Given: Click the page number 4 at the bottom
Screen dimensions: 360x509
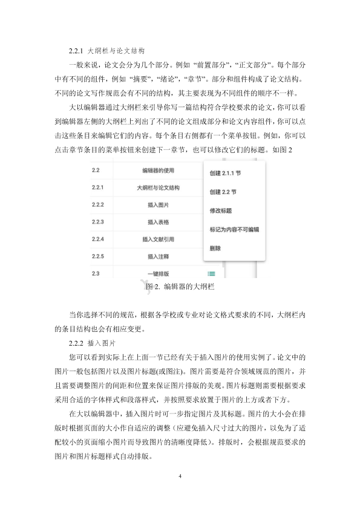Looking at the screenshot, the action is coord(180,477).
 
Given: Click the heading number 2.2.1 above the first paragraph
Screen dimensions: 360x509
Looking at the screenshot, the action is coord(76,50).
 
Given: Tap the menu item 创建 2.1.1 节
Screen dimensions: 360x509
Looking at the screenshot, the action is coord(225,172).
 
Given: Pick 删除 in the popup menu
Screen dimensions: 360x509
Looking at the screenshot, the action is coord(215,248).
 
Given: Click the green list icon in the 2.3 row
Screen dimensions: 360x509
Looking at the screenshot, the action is coord(211,274).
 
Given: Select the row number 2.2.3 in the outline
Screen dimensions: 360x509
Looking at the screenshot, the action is coord(98,222).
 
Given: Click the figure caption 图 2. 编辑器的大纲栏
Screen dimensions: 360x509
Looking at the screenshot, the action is coord(180,288).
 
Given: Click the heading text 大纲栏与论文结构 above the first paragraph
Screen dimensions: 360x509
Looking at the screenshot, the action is coord(117,50).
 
